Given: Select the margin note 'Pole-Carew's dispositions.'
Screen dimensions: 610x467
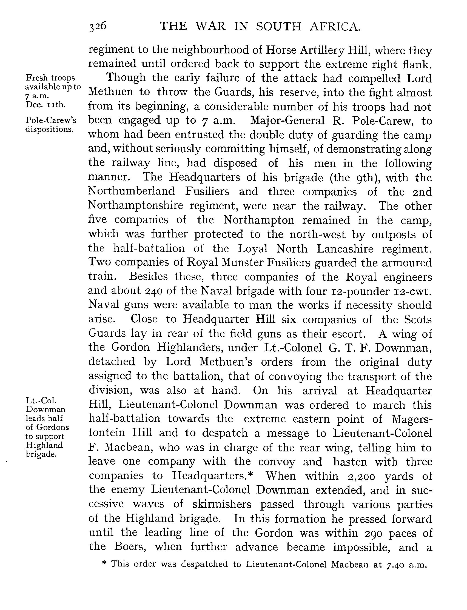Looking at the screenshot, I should tap(51, 125).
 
